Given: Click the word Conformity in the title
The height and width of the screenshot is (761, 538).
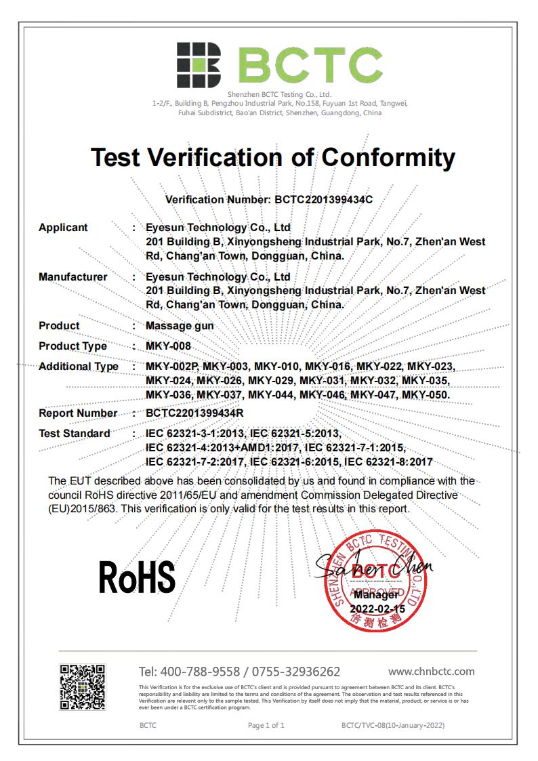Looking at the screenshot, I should [388, 157].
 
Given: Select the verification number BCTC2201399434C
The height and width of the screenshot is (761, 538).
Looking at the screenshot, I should [323, 200].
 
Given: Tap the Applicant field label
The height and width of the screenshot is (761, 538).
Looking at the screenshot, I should [63, 228].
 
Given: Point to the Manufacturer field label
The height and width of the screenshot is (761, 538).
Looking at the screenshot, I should [73, 276].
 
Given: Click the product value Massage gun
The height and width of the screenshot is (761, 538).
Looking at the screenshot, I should [180, 326].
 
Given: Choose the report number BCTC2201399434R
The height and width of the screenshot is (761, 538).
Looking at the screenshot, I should [195, 413].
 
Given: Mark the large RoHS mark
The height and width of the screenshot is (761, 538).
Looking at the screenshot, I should [137, 577].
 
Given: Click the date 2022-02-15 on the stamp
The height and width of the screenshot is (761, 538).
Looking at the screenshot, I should [377, 609].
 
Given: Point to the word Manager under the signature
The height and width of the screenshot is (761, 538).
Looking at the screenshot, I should [376, 595].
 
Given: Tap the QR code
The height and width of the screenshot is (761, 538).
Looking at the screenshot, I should [83, 687].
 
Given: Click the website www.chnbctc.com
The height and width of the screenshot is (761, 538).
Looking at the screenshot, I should [431, 672].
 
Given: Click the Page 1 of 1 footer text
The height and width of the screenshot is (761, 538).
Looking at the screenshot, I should [266, 726].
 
